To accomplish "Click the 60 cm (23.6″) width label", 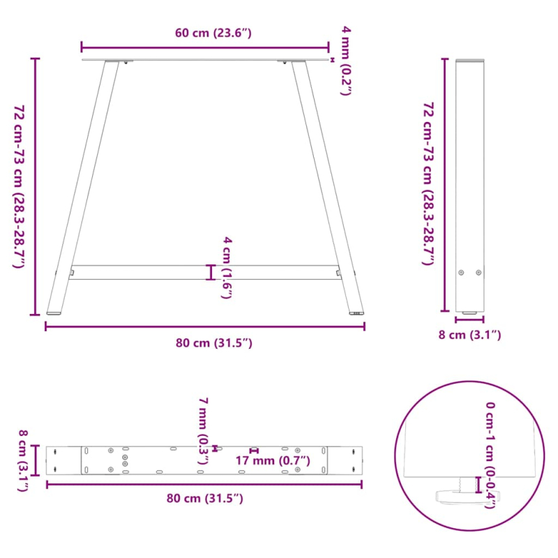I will (x=204, y=33).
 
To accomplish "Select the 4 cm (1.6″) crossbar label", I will (x=227, y=268).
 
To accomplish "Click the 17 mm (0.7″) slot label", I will (x=272, y=461).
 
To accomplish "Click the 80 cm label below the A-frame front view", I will (x=205, y=342).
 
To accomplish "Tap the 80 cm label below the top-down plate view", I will (x=205, y=497).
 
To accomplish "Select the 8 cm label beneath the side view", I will (x=469, y=335).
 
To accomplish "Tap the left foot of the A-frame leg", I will (x=53, y=312).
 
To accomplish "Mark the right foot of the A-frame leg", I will (x=356, y=313).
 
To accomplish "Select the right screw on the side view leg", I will (x=478, y=273).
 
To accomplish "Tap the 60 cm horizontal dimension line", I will (x=204, y=47).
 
